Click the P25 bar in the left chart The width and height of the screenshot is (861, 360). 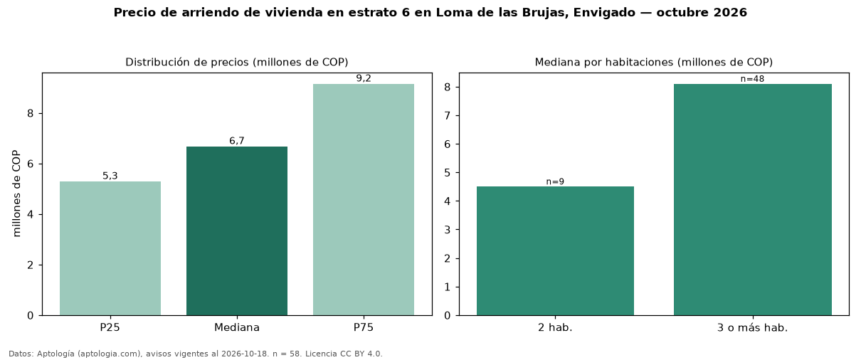(x=110, y=248)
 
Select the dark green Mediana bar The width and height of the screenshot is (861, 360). (x=237, y=231)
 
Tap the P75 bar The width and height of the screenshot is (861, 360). (x=363, y=200)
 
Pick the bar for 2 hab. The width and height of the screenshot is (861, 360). (x=555, y=251)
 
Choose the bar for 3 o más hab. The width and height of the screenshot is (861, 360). (x=753, y=200)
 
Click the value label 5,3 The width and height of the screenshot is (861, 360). (x=110, y=176)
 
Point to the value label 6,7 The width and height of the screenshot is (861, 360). (x=237, y=141)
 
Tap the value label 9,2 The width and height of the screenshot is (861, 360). (x=364, y=78)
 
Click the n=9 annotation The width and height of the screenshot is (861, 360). (x=555, y=181)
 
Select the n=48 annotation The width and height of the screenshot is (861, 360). (x=752, y=79)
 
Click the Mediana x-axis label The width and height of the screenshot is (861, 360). (x=237, y=327)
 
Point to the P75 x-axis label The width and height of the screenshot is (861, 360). (x=363, y=327)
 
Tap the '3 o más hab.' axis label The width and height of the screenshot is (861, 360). (x=753, y=328)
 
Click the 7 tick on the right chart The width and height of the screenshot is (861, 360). (x=447, y=116)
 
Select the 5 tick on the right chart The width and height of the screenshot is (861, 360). (x=447, y=173)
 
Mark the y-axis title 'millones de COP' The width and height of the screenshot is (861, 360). (x=16, y=194)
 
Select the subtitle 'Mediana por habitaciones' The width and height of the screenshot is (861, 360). (x=598, y=62)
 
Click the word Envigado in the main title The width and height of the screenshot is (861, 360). (x=604, y=13)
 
